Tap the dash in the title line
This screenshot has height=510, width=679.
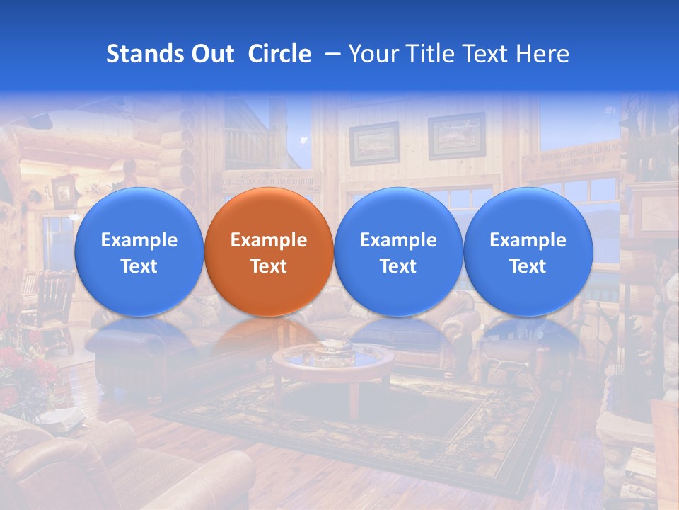(x=329, y=54)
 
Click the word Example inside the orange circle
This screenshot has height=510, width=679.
(x=269, y=240)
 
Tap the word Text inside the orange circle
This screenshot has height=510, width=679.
(x=269, y=266)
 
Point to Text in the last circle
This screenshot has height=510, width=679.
(x=528, y=266)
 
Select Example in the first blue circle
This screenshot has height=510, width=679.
(x=139, y=240)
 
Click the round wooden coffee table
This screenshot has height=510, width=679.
(x=332, y=365)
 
